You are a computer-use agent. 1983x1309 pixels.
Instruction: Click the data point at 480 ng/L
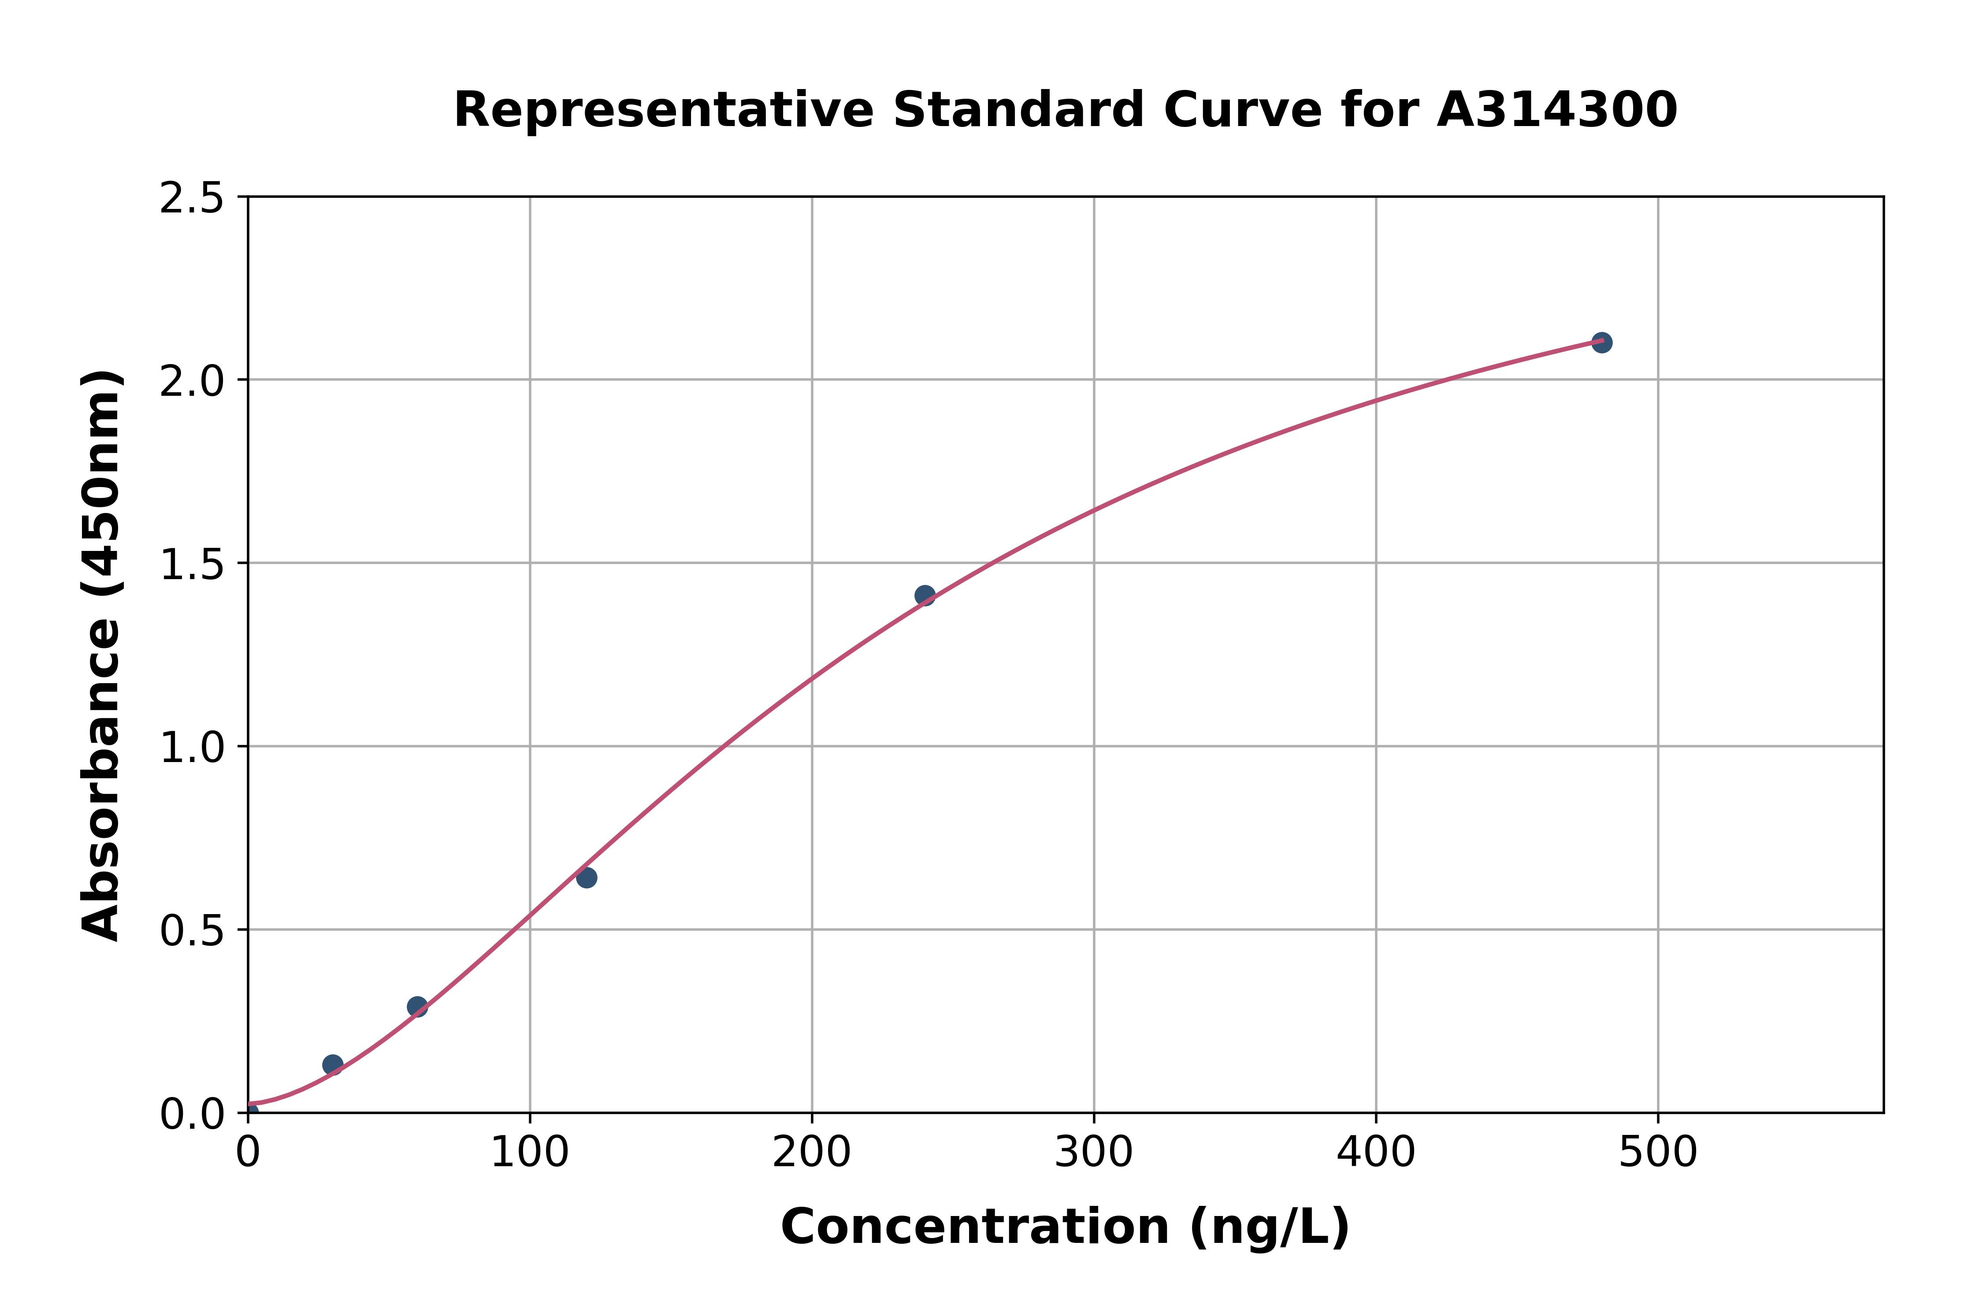1601,342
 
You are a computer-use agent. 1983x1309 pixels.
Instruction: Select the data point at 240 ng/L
925,595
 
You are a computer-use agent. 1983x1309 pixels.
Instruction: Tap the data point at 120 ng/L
586,878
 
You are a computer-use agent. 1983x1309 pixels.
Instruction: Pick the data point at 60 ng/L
417,1007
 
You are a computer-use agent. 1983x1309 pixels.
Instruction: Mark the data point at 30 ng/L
332,1064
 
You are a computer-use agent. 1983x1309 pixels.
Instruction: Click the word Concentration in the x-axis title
975,1227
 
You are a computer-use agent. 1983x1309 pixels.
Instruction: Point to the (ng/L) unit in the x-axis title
1269,1227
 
